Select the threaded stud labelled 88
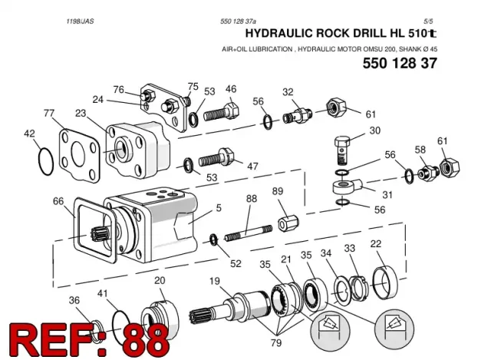(249, 233)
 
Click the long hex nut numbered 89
(288, 223)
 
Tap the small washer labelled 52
(214, 239)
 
